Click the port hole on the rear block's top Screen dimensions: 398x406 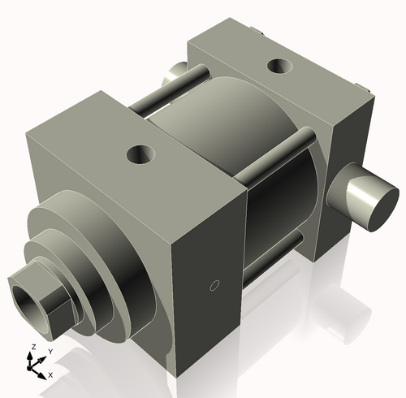click(279, 63)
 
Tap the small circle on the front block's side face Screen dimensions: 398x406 click(214, 285)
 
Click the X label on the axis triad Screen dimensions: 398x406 click(50, 374)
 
